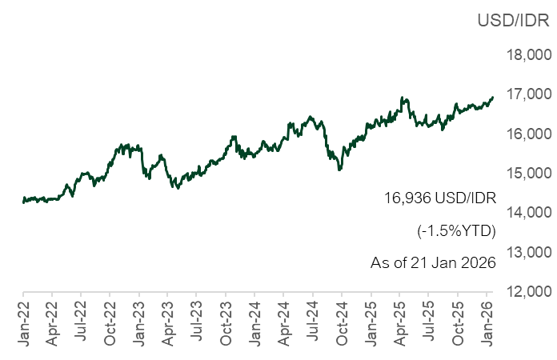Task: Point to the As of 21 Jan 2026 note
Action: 433,262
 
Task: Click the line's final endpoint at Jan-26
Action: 493,97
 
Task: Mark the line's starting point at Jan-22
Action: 22,202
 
